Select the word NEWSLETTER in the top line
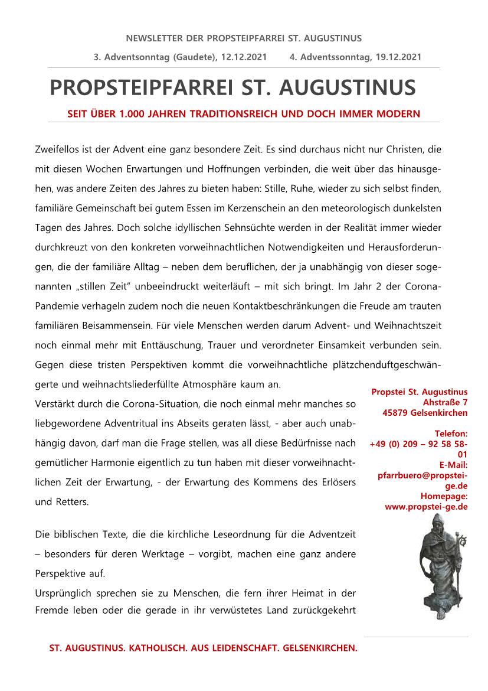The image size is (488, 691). point(152,38)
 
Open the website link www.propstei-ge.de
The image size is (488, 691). point(426,506)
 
